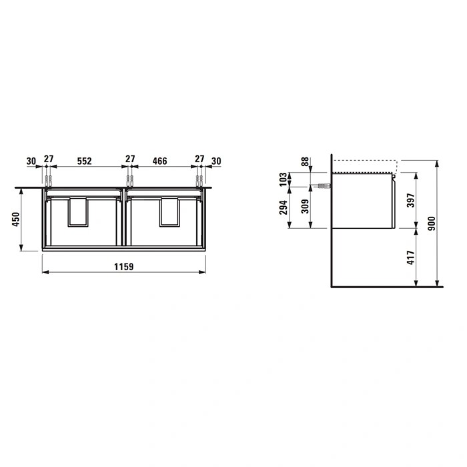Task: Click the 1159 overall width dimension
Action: click(x=124, y=267)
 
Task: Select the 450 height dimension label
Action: click(x=16, y=219)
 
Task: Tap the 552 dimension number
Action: click(x=84, y=161)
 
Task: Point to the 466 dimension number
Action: click(x=159, y=161)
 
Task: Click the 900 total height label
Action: click(x=431, y=223)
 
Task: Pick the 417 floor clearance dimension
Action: click(x=410, y=258)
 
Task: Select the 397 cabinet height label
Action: click(x=410, y=200)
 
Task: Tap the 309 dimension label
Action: click(x=305, y=206)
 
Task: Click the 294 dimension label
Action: click(x=284, y=207)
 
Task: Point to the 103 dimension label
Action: click(x=284, y=179)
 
